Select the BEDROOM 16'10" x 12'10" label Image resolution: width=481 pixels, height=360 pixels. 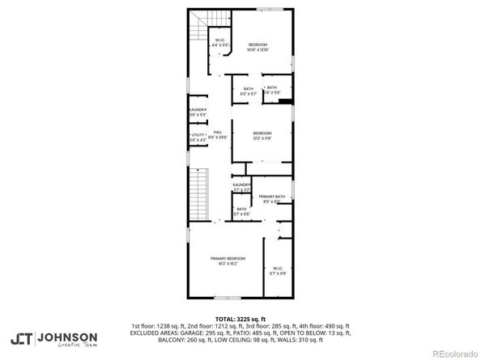point(258,47)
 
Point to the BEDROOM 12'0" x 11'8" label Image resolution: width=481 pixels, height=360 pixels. point(262,135)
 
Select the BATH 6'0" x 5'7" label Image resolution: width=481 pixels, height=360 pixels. point(247,91)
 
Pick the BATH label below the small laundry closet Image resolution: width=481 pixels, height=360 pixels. point(240,211)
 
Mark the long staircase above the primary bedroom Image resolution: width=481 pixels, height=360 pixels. point(200,194)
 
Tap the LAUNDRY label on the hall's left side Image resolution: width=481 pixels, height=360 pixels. point(198,112)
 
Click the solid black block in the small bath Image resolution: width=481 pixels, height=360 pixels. point(284,100)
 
